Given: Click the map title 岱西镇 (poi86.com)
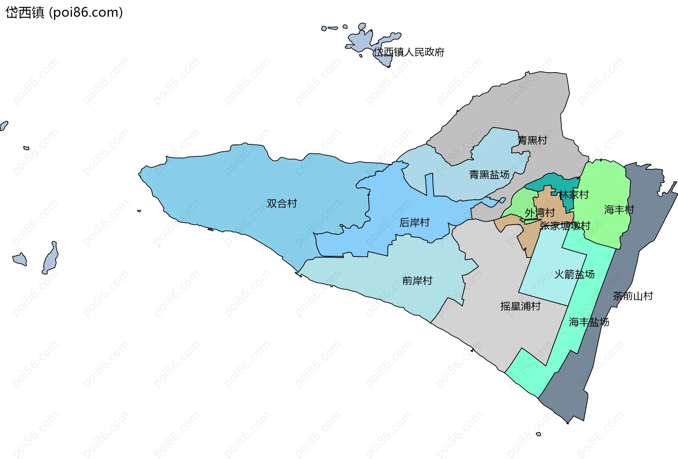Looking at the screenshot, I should [64, 12].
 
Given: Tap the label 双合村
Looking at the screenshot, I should [281, 203].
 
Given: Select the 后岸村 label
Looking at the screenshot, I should [414, 222].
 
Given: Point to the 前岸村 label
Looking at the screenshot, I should [417, 281].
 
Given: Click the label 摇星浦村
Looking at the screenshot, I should [520, 306].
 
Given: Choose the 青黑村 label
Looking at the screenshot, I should [532, 140].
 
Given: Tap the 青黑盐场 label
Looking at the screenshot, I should [489, 174].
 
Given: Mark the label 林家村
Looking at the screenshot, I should [574, 194].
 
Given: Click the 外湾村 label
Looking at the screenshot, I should [540, 213].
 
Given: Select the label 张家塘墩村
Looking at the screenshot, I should [565, 226].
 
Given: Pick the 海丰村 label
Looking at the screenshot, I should [619, 210].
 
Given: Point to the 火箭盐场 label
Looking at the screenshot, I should [574, 274].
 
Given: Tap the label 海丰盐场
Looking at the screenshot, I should [589, 322].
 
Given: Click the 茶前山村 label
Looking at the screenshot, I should [633, 296].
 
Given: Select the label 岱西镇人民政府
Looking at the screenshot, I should [409, 52].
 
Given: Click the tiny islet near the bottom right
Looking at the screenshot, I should [538, 434].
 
